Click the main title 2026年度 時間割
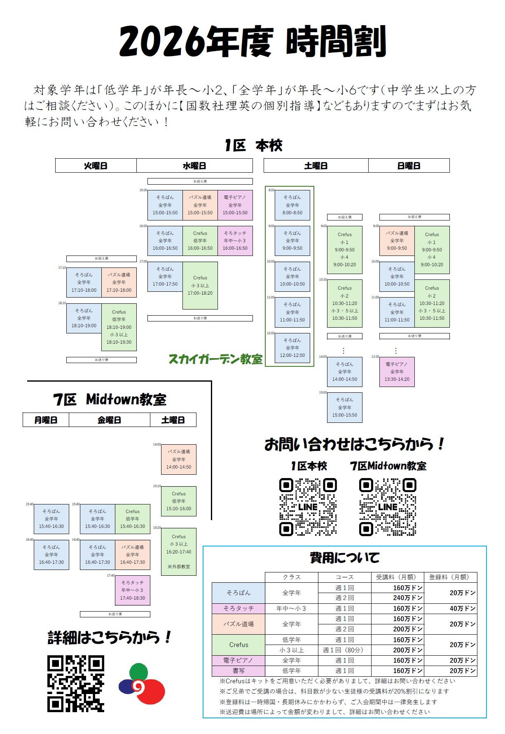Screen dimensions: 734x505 point(252,41)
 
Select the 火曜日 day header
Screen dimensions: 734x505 point(96,166)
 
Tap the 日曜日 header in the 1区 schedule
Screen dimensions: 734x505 point(409,166)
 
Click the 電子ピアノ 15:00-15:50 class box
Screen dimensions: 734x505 point(235,205)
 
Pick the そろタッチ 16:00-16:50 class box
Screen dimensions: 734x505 point(235,241)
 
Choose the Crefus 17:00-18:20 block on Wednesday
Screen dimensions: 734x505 point(200,285)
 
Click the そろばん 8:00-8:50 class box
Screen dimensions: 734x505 point(292,205)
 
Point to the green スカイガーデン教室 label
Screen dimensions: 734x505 point(215,359)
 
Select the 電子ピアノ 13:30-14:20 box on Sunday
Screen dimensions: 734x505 point(397,372)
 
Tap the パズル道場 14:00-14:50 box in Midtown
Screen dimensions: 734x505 point(179,460)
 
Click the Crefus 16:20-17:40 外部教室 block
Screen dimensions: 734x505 point(179,551)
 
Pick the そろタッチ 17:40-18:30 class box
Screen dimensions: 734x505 point(133,590)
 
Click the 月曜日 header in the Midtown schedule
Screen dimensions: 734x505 point(46,420)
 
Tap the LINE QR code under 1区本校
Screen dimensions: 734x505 point(308,507)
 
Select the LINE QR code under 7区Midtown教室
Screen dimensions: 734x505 point(388,507)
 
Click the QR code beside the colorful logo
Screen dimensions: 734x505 point(76,684)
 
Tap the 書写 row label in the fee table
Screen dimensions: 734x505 point(238,671)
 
